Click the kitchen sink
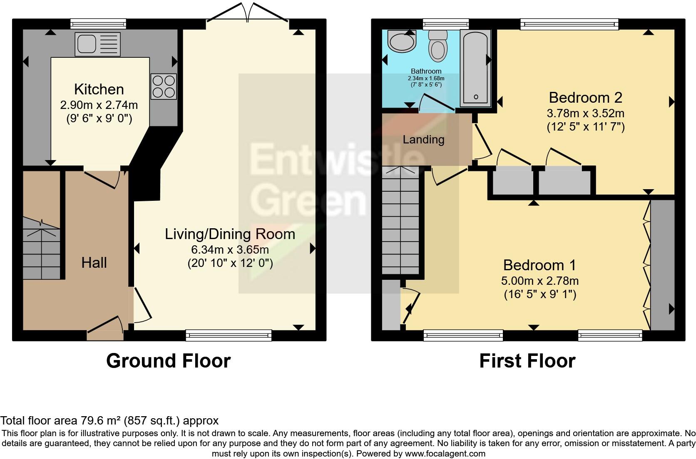pyautogui.click(x=97, y=44)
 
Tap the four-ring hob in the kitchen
pyautogui.click(x=164, y=86)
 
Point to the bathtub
pyautogui.click(x=475, y=68)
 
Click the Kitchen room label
pyautogui.click(x=99, y=89)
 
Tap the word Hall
pyautogui.click(x=94, y=263)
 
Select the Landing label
pyautogui.click(x=423, y=140)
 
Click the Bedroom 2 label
pyautogui.click(x=585, y=98)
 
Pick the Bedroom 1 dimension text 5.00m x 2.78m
pyautogui.click(x=540, y=281)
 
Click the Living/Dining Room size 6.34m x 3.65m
pyautogui.click(x=230, y=249)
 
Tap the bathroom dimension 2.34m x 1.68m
pyautogui.click(x=426, y=79)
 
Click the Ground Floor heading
pyautogui.click(x=169, y=361)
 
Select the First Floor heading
pyautogui.click(x=527, y=361)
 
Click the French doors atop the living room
pyautogui.click(x=248, y=12)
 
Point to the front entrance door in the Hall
pyautogui.click(x=105, y=328)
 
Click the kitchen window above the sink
pyautogui.click(x=98, y=24)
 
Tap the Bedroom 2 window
pyautogui.click(x=569, y=24)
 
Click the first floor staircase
pyautogui.click(x=400, y=220)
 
